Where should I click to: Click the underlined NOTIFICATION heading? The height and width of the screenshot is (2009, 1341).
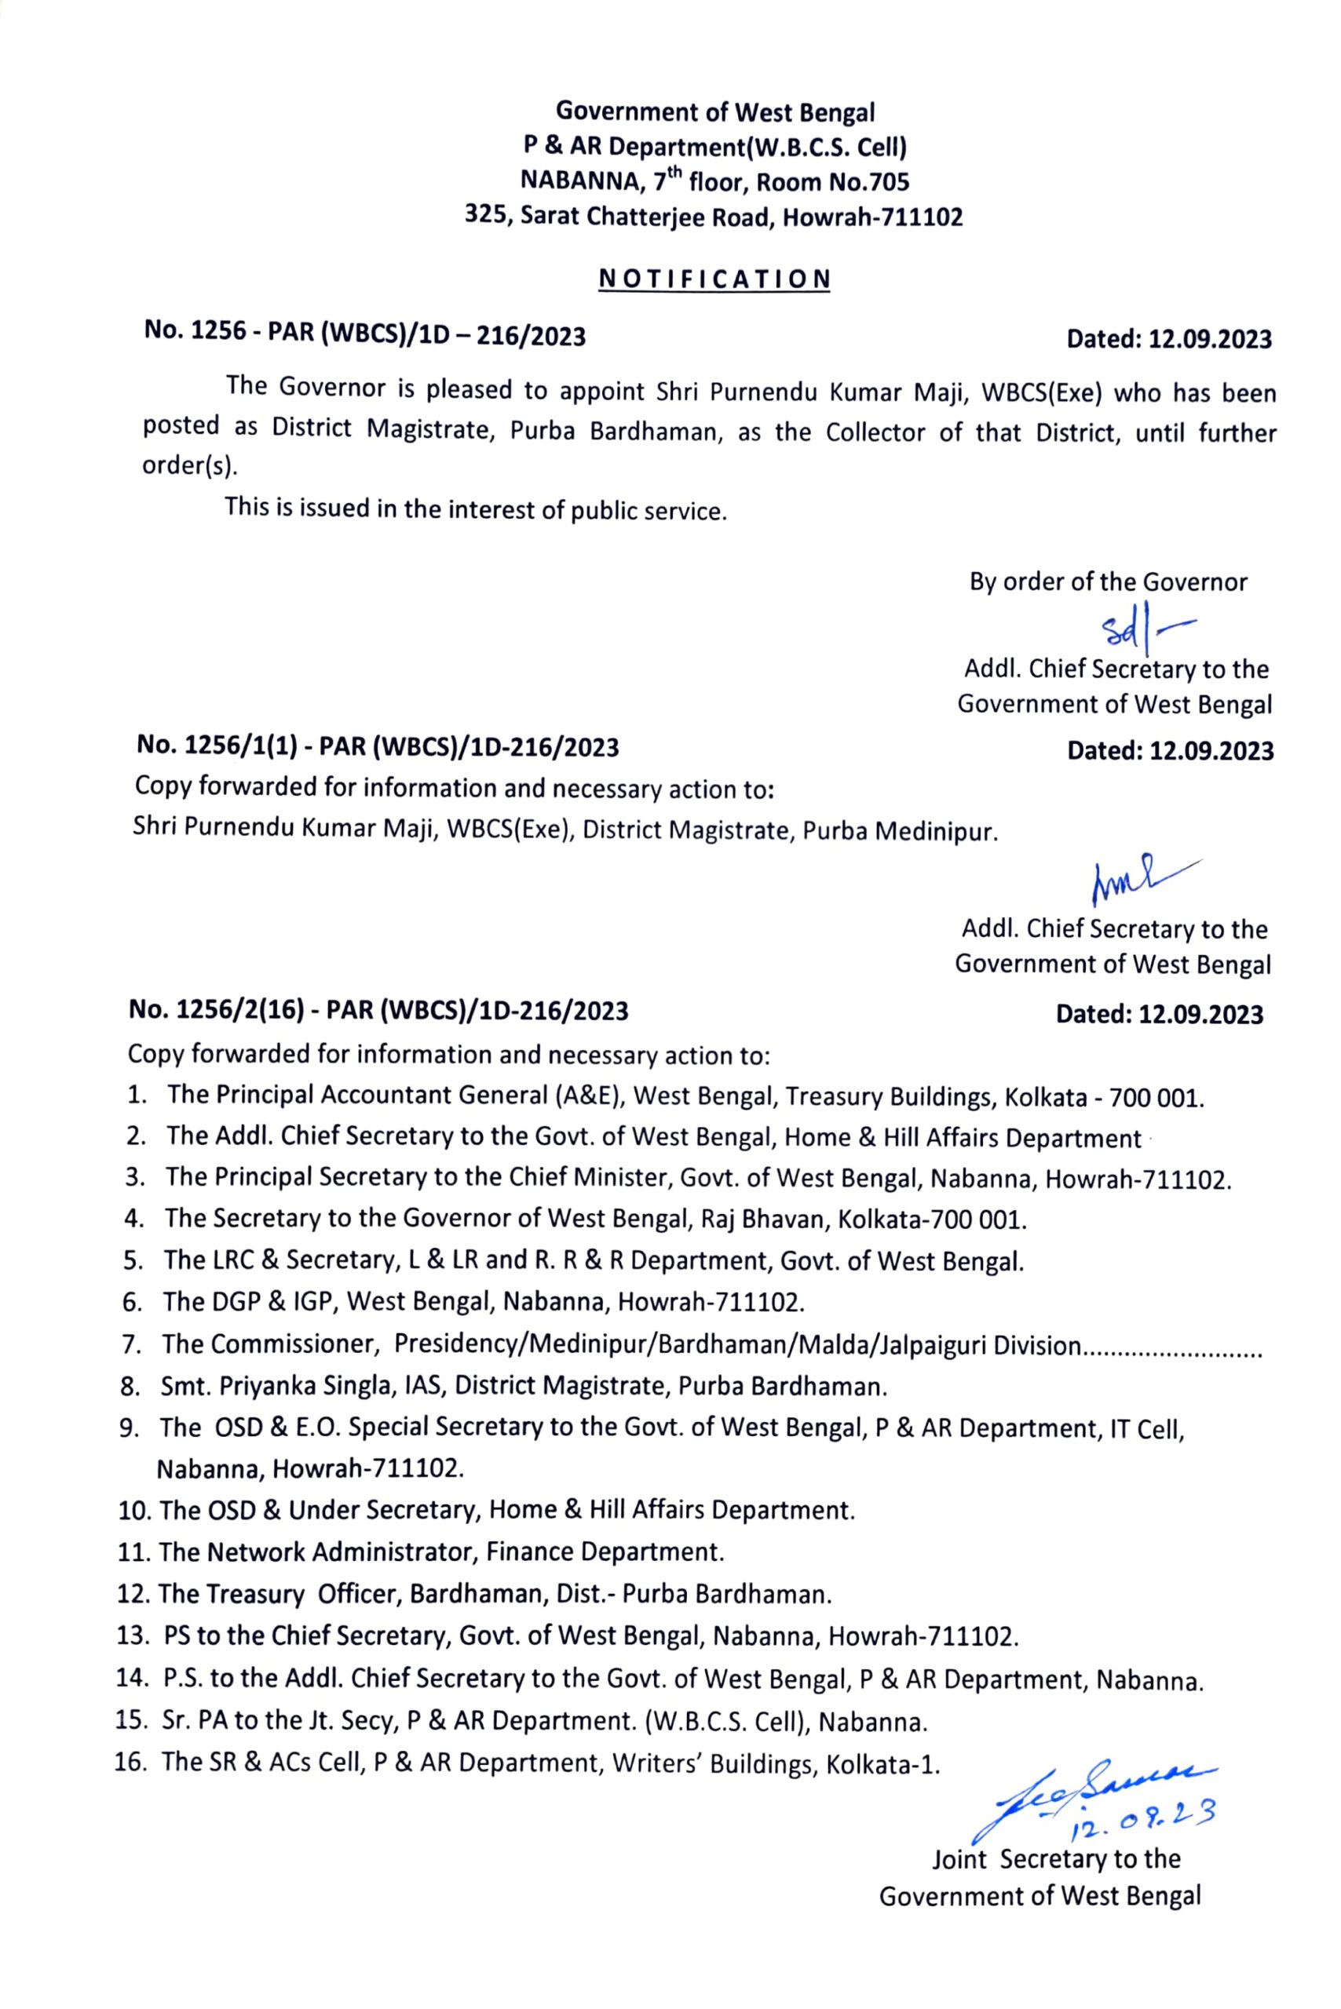[714, 279]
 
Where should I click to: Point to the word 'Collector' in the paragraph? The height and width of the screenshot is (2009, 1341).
[875, 432]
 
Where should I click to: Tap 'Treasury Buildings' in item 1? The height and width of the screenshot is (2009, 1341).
[890, 1097]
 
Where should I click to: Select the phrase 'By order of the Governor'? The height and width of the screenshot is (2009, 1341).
[1108, 582]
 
